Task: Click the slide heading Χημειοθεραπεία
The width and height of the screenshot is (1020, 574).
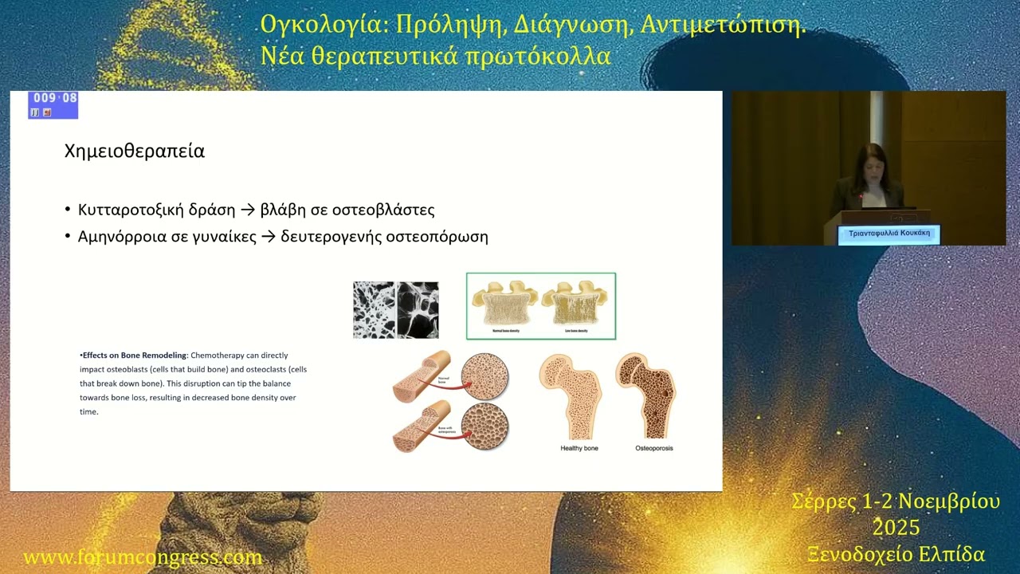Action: point(134,151)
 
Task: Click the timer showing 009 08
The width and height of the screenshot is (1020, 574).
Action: point(54,99)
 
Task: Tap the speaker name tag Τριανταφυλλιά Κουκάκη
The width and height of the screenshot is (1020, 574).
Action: point(889,234)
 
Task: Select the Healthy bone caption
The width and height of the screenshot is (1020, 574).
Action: point(579,448)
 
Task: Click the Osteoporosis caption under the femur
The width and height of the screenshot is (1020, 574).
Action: point(653,448)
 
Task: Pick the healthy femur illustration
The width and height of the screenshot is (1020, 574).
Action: point(571,395)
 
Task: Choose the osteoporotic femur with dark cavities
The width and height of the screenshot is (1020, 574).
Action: point(646,395)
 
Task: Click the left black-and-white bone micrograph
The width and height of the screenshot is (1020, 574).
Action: point(375,310)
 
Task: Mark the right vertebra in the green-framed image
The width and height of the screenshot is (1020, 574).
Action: point(576,303)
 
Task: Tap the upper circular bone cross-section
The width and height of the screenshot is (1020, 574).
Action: point(484,375)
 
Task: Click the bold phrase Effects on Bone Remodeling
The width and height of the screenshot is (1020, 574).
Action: point(135,356)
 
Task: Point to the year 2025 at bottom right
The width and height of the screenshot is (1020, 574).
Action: point(896,528)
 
